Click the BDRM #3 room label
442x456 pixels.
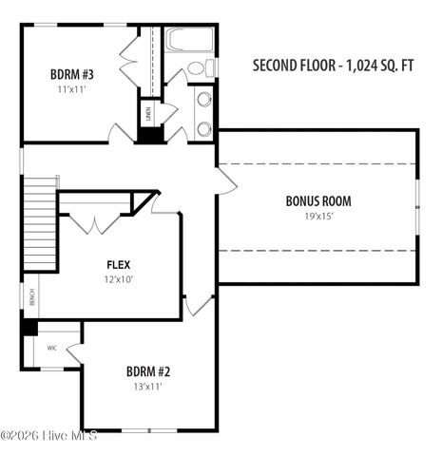pos(72,74)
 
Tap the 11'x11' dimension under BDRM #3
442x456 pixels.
pos(72,89)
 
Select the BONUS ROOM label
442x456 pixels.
pos(318,201)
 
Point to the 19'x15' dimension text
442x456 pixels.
pos(318,217)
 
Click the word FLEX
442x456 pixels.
pos(119,264)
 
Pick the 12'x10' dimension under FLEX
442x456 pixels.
pos(119,279)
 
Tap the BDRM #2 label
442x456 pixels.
pos(147,371)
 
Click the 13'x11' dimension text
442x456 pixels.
pos(147,387)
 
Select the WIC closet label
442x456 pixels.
pos(51,349)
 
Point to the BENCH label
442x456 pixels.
pos(31,298)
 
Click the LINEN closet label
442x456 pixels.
pos(149,114)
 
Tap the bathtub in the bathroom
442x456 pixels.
pos(189,39)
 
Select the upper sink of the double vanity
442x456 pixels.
pos(203,100)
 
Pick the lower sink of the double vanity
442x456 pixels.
pos(203,127)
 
